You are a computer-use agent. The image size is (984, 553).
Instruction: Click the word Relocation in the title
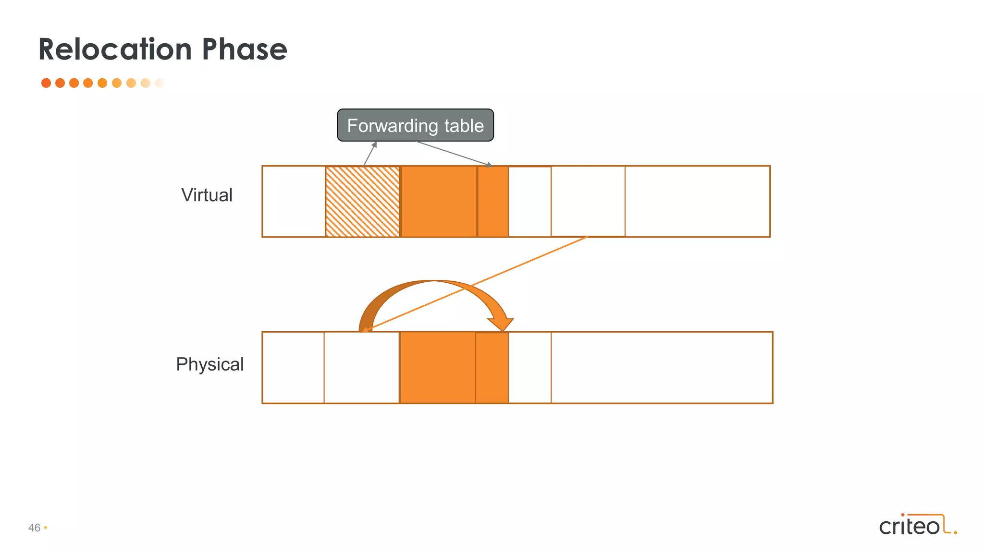115,49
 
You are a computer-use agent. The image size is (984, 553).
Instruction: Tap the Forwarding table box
415,125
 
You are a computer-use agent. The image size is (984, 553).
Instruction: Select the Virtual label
207,195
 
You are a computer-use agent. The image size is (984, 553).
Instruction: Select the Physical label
209,364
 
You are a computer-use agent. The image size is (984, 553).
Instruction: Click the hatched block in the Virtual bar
362,202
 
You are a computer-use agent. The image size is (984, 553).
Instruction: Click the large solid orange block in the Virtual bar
439,202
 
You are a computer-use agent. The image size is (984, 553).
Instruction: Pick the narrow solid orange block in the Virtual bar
493,202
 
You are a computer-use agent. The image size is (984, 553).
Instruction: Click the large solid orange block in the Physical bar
438,368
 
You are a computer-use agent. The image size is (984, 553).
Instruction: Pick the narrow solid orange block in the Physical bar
492,368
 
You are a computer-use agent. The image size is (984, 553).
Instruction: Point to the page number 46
34,528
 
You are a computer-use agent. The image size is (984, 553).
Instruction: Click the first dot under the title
46,83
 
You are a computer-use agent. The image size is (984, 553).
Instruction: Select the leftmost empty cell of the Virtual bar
294,202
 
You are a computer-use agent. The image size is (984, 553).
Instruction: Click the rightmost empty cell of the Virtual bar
697,202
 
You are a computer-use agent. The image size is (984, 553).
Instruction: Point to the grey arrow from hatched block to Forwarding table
369,154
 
